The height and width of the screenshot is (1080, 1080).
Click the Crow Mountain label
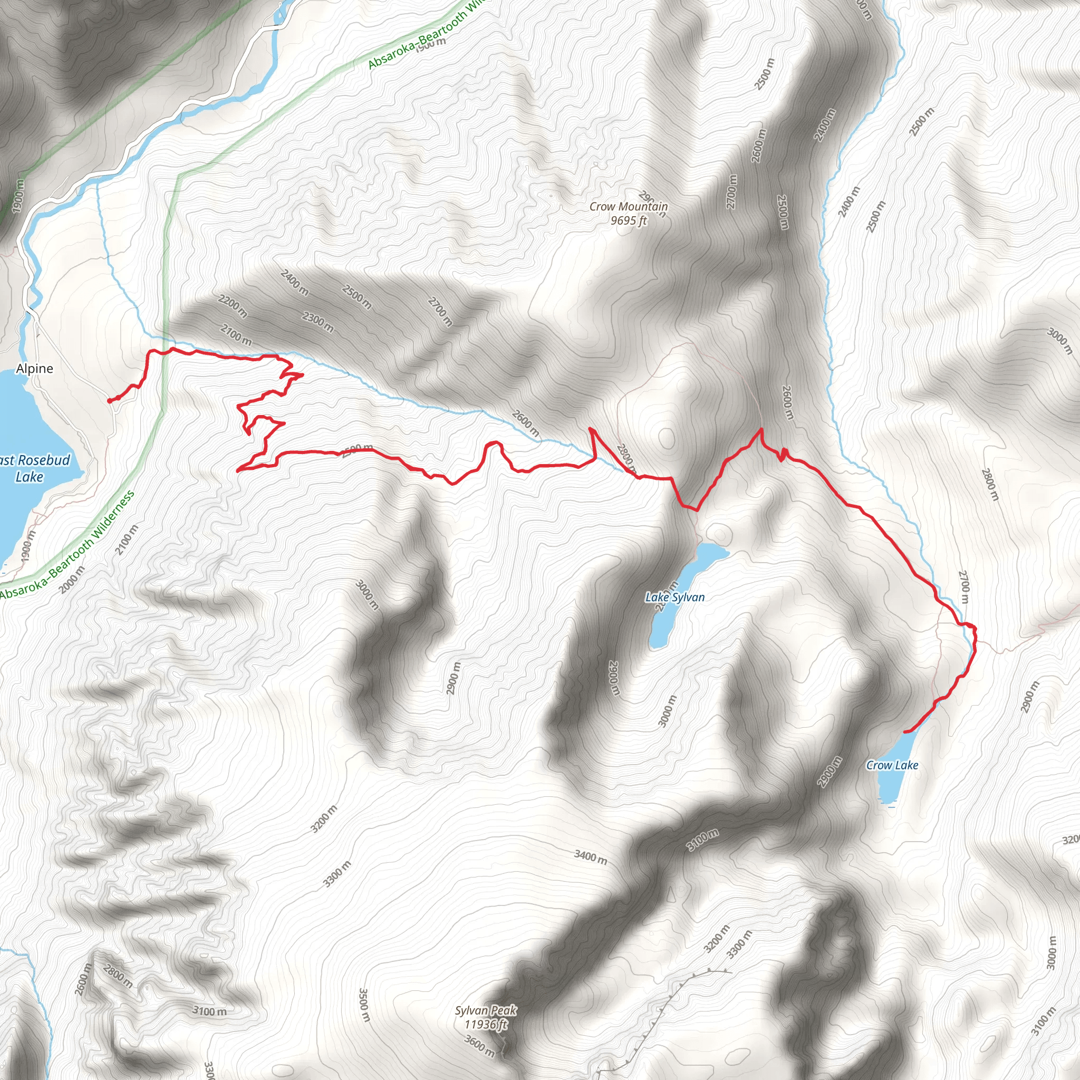[628, 206]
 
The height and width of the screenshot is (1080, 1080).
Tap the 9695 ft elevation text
[628, 220]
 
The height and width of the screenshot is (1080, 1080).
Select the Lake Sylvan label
[674, 597]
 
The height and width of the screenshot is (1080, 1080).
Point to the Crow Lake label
[892, 765]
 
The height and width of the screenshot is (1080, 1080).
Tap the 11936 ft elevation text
[485, 1024]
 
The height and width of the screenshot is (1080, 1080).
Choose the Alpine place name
[35, 369]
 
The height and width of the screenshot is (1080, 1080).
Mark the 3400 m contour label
[590, 856]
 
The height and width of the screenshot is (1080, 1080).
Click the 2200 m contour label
[233, 306]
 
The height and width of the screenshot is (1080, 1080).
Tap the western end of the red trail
[109, 401]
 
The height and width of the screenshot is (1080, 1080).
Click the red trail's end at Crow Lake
[905, 732]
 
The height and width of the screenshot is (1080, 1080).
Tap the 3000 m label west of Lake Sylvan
[367, 595]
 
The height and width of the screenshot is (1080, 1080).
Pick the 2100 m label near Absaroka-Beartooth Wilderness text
[126, 539]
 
